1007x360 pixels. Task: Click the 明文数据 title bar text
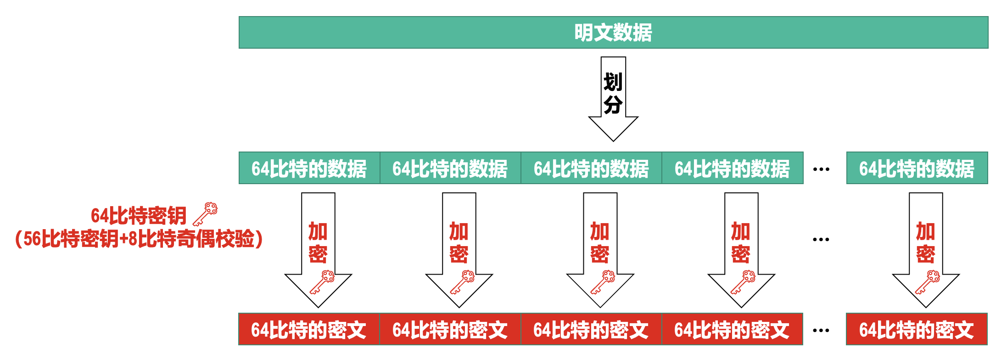point(613,33)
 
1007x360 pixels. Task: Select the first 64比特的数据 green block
point(309,169)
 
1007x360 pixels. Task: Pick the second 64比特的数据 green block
point(450,169)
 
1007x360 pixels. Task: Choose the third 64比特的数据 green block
point(591,169)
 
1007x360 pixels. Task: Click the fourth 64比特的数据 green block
point(732,169)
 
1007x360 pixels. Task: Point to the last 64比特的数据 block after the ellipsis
point(917,169)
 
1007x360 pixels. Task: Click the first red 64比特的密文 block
point(308,330)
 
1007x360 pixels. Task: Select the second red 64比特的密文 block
point(450,330)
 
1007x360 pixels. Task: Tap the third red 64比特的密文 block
point(591,330)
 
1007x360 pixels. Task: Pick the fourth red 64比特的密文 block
point(732,330)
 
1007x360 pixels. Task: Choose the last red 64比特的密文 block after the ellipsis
point(916,330)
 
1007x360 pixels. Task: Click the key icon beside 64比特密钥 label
point(205,214)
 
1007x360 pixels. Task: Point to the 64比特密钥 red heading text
point(139,215)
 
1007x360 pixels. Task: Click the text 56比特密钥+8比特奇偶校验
point(139,239)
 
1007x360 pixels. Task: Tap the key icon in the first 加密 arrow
point(322,282)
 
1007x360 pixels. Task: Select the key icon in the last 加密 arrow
point(928,282)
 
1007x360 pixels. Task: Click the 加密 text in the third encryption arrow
point(600,242)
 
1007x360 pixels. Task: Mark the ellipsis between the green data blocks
point(821,169)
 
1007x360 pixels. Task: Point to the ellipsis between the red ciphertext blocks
point(821,330)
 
